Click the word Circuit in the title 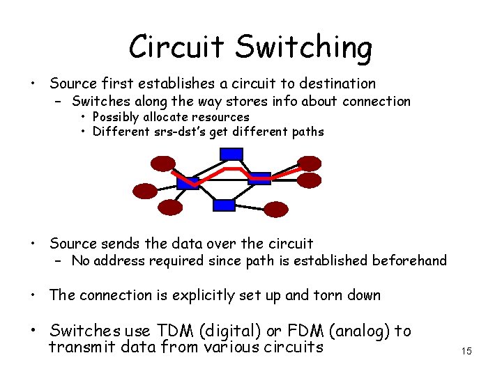pos(177,47)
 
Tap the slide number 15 pos(466,351)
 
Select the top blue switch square pos(232,155)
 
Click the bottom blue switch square pos(224,205)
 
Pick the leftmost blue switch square pos(188,182)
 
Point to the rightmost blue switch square pos(259,178)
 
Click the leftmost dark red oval pos(145,190)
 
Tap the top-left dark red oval pos(165,164)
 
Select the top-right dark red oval pos(309,164)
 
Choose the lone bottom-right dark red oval pos(276,209)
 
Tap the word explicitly pos(195,295)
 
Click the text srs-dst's pos(177,132)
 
